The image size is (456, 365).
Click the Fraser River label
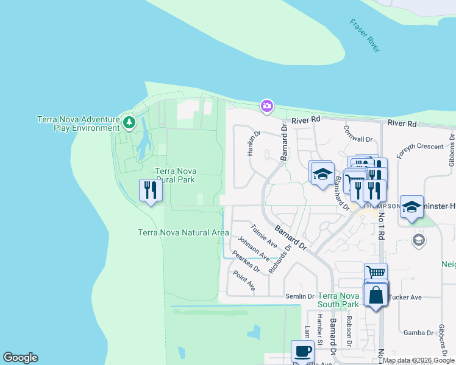[x=366, y=35]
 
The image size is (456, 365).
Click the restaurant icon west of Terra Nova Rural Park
[x=151, y=190]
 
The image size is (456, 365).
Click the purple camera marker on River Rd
[x=266, y=106]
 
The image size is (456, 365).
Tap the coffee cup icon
[x=302, y=352]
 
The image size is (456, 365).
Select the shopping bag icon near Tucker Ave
[x=376, y=296]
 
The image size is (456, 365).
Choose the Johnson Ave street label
[x=253, y=250]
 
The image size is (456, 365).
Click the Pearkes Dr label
[x=246, y=262]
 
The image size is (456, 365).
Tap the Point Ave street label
[x=244, y=280]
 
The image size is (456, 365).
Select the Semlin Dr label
[x=299, y=296]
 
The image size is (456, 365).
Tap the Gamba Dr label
[x=418, y=333]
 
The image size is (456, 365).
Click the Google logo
[x=20, y=358]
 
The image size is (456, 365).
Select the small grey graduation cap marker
[x=418, y=239]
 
